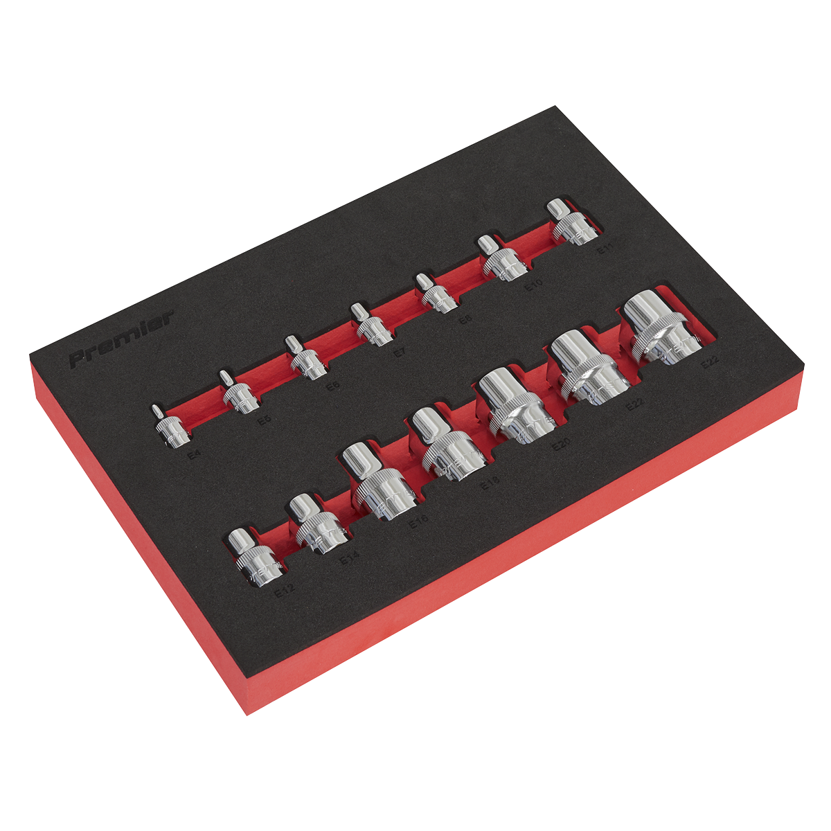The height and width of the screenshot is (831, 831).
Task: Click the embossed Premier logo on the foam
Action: click(122, 339)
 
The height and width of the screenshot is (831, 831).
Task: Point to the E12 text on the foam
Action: click(285, 592)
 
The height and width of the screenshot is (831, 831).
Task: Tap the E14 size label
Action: click(349, 559)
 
